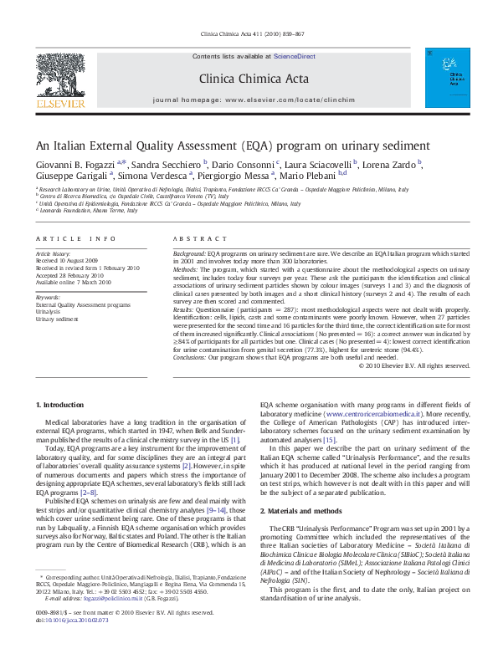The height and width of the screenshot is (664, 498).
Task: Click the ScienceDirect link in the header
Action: (x=294, y=55)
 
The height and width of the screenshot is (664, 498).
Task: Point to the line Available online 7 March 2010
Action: (x=73, y=283)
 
